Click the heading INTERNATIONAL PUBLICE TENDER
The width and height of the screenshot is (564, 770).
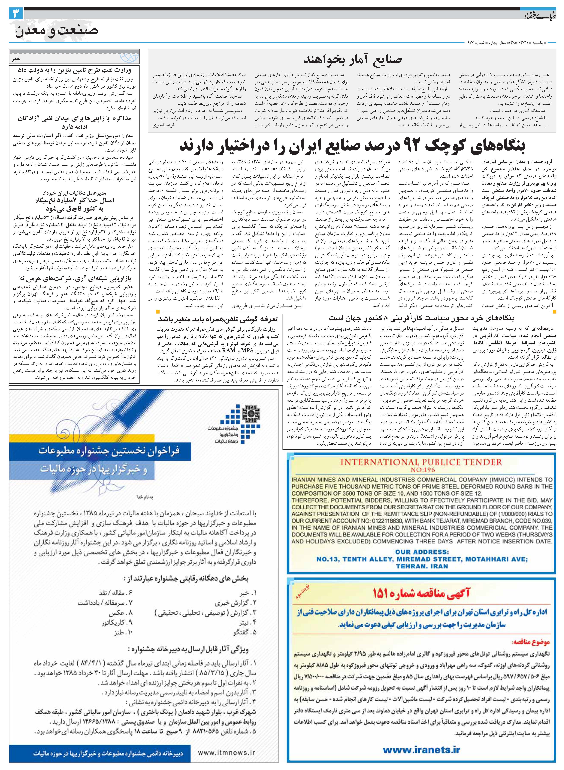(x=421, y=462)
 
